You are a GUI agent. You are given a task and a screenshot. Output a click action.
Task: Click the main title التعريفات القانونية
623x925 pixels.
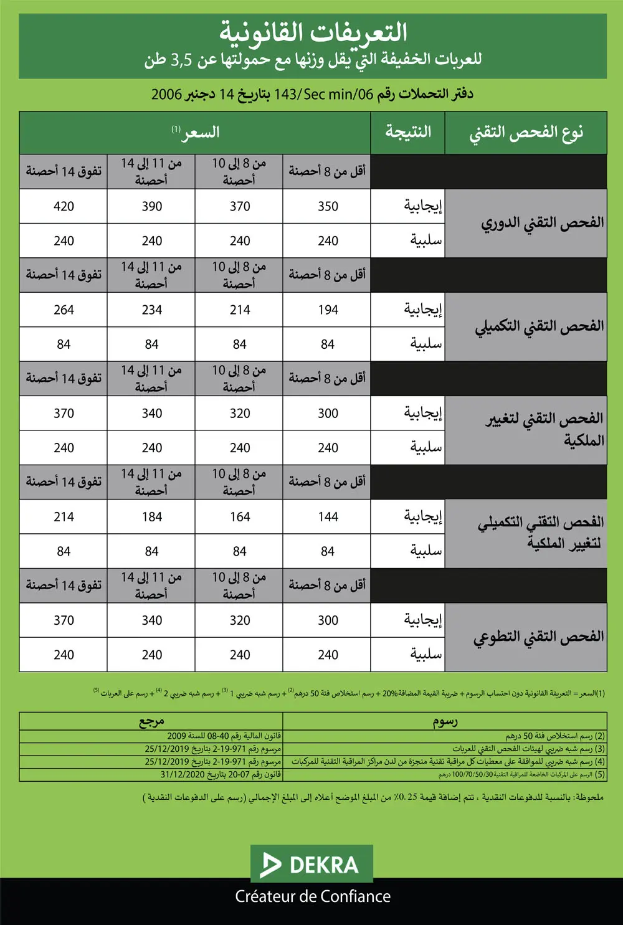[x=313, y=33]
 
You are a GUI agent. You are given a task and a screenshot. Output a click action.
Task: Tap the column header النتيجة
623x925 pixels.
[x=408, y=132]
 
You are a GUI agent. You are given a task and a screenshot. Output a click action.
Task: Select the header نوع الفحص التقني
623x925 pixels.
[x=526, y=133]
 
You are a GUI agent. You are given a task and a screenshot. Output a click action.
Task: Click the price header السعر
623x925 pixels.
[x=196, y=132]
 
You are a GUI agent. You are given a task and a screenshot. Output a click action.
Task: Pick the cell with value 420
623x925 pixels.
[x=64, y=206]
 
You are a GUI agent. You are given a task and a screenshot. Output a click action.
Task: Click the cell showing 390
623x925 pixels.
[x=152, y=206]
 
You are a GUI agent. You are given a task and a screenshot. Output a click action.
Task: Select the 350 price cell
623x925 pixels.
[x=328, y=206]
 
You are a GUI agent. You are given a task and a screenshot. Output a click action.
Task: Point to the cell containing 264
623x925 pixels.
[x=64, y=310]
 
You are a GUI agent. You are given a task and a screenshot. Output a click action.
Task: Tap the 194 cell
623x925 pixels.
[x=328, y=310]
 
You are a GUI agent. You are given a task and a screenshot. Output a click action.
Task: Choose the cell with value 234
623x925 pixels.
[x=152, y=310]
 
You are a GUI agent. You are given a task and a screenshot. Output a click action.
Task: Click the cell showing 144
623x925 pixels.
[x=328, y=516]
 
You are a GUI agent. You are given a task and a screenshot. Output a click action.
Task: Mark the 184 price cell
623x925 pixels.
[x=152, y=516]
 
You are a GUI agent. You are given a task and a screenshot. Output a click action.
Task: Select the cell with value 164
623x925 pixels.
[x=240, y=516]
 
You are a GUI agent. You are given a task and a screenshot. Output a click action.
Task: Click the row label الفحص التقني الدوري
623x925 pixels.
[x=542, y=223]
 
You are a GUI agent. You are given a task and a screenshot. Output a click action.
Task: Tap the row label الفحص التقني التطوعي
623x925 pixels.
[x=539, y=637]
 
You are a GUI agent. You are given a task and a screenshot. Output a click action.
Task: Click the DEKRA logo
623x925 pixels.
[x=311, y=864]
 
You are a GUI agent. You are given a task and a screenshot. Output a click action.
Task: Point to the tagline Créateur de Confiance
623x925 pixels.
[x=313, y=896]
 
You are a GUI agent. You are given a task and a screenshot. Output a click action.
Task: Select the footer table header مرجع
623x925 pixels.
[x=151, y=721]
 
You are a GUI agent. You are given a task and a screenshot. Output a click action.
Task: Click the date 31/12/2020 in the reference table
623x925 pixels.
[x=179, y=774]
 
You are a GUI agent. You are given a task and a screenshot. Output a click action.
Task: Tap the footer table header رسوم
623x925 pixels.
[x=445, y=721]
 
